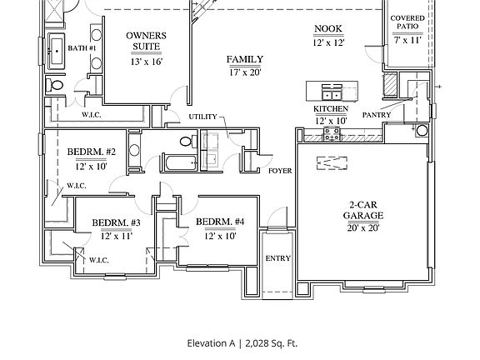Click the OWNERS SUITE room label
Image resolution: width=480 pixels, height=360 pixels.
point(147,41)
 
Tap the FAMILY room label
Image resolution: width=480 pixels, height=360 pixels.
point(245,59)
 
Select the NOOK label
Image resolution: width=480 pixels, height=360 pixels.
point(328,28)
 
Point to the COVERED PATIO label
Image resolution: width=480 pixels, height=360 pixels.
point(407,22)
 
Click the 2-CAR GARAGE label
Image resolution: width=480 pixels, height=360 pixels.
point(363,210)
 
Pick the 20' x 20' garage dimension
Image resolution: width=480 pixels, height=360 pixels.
point(363,227)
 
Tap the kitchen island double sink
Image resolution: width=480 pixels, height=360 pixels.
point(332,94)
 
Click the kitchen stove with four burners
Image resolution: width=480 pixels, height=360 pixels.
point(332,134)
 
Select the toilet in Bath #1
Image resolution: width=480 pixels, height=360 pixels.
point(54,85)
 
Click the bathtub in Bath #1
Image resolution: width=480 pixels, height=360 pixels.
point(57,52)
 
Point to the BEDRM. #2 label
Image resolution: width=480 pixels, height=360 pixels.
point(91,152)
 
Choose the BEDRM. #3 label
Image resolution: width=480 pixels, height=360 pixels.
point(117,222)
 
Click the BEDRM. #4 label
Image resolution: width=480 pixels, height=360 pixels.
point(220,222)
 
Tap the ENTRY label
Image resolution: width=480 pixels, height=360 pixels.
point(278,258)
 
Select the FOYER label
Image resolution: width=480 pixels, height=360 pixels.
point(280,171)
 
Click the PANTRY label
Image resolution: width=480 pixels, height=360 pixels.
point(377,115)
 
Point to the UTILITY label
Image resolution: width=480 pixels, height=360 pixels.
point(202,117)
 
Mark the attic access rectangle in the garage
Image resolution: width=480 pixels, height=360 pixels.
point(332,162)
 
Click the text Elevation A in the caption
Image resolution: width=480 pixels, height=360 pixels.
point(211,343)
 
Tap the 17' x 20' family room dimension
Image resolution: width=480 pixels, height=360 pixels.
point(245,72)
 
